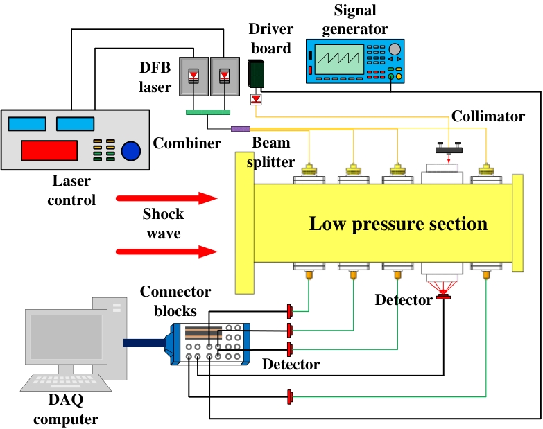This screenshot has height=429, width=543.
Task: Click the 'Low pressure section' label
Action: (398, 224)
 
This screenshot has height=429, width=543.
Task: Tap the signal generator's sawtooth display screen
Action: (340, 60)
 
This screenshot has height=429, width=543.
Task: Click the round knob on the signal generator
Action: (395, 49)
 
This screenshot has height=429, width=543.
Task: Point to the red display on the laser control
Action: (49, 150)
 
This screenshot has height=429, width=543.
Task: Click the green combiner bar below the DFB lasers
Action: (208, 112)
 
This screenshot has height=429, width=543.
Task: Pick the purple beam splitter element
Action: (240, 128)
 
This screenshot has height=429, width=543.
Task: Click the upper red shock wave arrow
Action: (166, 200)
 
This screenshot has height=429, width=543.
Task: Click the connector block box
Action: (208, 344)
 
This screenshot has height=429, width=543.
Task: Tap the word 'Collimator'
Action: (488, 116)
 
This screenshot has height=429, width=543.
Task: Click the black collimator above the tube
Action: (449, 149)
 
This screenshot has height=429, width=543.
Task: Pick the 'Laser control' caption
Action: (71, 191)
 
